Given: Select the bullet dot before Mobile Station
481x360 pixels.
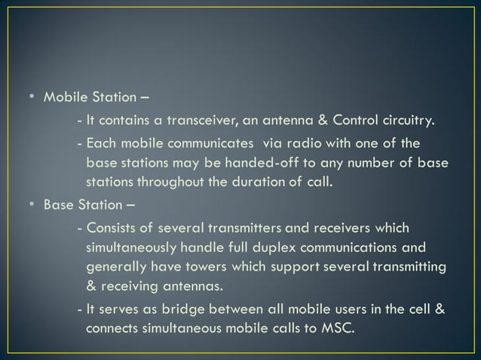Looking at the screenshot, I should coord(32,98).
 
